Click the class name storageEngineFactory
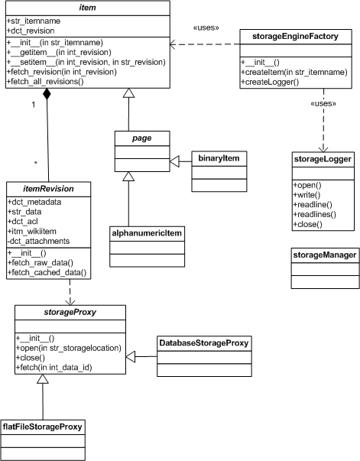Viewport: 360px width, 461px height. [295, 37]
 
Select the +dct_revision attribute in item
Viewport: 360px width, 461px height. [31, 31]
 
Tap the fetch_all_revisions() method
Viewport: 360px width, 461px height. [45, 82]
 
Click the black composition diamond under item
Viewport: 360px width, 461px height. [47, 94]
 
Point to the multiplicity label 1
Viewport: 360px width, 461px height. [34, 105]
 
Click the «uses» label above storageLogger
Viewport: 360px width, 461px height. [323, 103]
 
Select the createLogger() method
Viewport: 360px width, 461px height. [270, 82]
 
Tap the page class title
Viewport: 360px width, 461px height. [142, 138]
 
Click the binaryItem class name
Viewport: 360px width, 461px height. [219, 158]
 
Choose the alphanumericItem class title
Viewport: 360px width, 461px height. [147, 233]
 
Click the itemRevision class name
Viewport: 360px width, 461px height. [48, 189]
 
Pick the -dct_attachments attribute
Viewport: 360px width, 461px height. [38, 241]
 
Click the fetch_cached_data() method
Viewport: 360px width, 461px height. [47, 272]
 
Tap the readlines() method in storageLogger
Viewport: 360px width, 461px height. [314, 214]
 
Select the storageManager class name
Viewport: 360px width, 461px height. [325, 255]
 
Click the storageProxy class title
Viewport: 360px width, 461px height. [70, 312]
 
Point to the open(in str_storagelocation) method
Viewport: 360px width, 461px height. [69, 348]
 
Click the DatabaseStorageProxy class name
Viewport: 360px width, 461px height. [204, 343]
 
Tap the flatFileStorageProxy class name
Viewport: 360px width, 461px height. [43, 427]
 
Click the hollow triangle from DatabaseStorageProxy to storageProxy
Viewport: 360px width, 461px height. [131, 356]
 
